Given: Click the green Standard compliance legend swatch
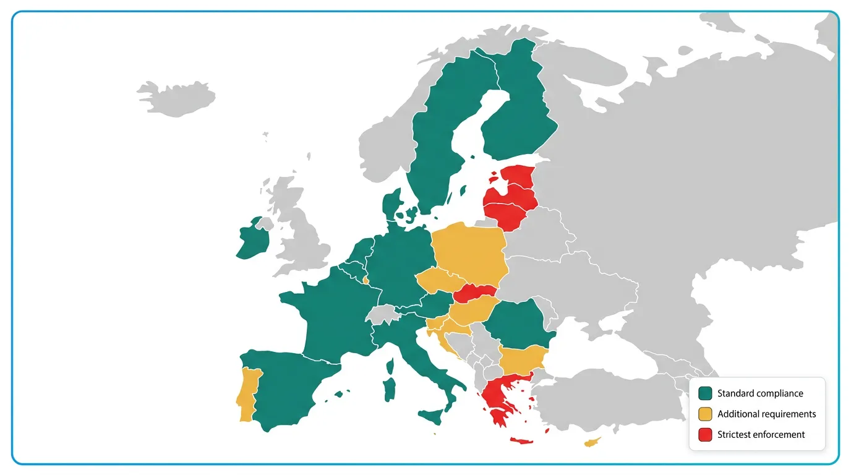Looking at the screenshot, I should [705, 393].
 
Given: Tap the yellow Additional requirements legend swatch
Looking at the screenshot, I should [705, 414].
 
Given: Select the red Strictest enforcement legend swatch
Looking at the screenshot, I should [705, 435].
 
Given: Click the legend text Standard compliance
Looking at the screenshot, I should [760, 393].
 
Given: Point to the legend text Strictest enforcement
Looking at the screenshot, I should [761, 435].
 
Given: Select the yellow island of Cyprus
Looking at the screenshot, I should [592, 442].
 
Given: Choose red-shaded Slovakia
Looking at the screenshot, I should [476, 293].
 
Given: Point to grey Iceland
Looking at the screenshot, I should [176, 99].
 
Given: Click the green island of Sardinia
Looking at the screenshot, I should [390, 388].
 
